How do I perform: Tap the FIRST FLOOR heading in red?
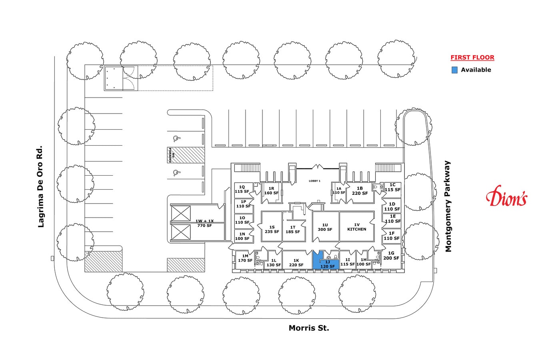(472, 57)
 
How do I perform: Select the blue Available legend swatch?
(454, 70)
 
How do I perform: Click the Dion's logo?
(507, 196)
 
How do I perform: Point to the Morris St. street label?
(309, 328)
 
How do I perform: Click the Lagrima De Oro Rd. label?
(40, 186)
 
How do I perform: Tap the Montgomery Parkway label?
(448, 206)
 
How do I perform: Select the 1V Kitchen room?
(357, 227)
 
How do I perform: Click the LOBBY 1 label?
(314, 181)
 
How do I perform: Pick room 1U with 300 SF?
(326, 227)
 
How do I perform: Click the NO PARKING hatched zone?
(186, 155)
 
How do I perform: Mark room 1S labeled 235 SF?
(272, 227)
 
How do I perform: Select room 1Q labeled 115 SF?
(244, 189)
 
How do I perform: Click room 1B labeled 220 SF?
(360, 192)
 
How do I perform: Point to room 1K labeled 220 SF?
(297, 260)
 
